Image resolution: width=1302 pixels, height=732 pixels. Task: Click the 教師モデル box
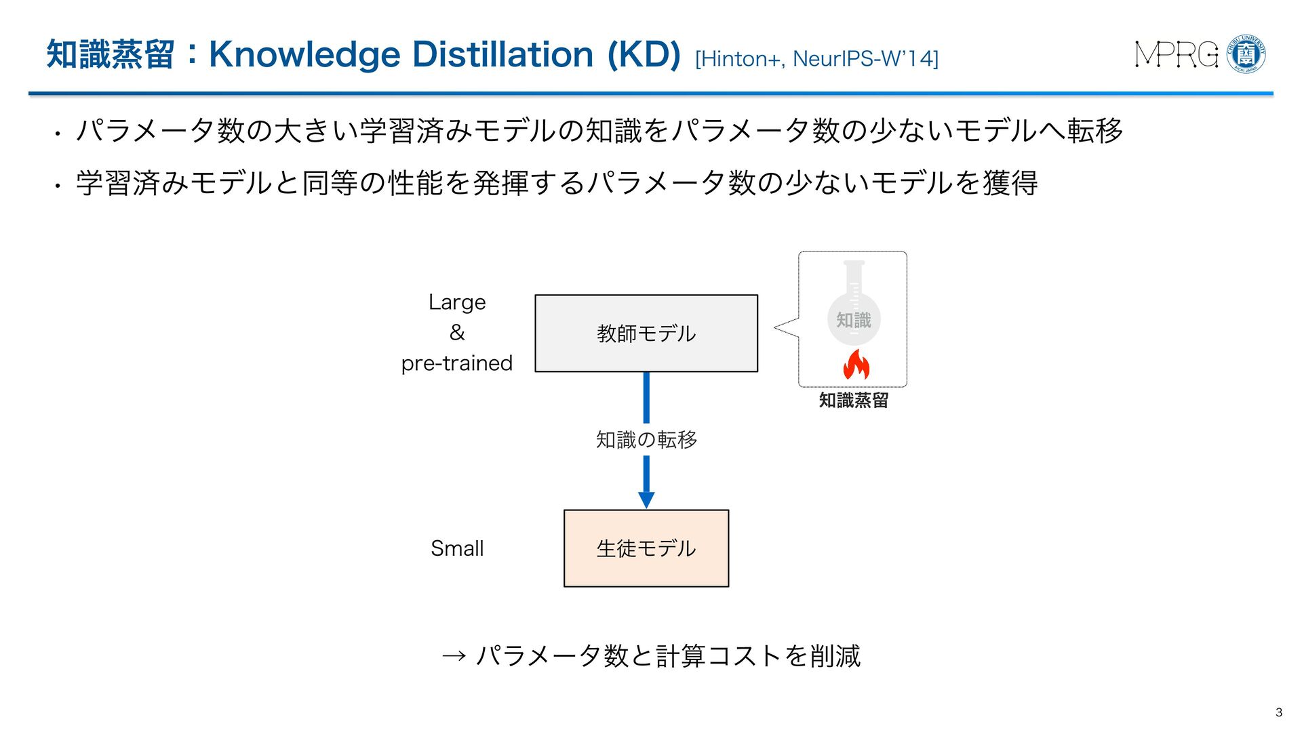(x=646, y=333)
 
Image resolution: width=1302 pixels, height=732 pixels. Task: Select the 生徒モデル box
(x=646, y=548)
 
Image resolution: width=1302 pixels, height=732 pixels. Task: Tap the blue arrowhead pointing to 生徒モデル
(x=646, y=500)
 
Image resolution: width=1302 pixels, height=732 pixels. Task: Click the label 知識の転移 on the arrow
(x=646, y=440)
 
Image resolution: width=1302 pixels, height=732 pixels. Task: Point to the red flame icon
(x=856, y=365)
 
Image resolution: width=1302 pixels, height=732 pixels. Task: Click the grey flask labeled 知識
(x=854, y=308)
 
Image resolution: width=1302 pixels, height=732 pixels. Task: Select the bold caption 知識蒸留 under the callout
(x=854, y=401)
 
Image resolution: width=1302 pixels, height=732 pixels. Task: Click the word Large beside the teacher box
(x=457, y=302)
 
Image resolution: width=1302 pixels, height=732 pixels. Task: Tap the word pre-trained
(x=457, y=363)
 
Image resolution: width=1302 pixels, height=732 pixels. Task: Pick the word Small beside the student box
(x=457, y=548)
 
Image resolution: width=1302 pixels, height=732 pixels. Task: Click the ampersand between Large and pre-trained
(x=457, y=333)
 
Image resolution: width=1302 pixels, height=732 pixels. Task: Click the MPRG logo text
(x=1177, y=55)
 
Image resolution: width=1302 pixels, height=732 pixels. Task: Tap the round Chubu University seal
(x=1246, y=54)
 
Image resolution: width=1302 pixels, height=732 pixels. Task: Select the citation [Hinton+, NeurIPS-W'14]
(x=816, y=59)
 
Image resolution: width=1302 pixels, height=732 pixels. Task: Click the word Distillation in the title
(x=502, y=54)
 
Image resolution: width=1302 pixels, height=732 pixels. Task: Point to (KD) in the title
(x=644, y=54)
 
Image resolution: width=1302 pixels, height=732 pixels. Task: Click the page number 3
(x=1279, y=712)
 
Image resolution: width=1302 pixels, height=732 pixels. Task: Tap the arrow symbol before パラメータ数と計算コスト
(x=454, y=656)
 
